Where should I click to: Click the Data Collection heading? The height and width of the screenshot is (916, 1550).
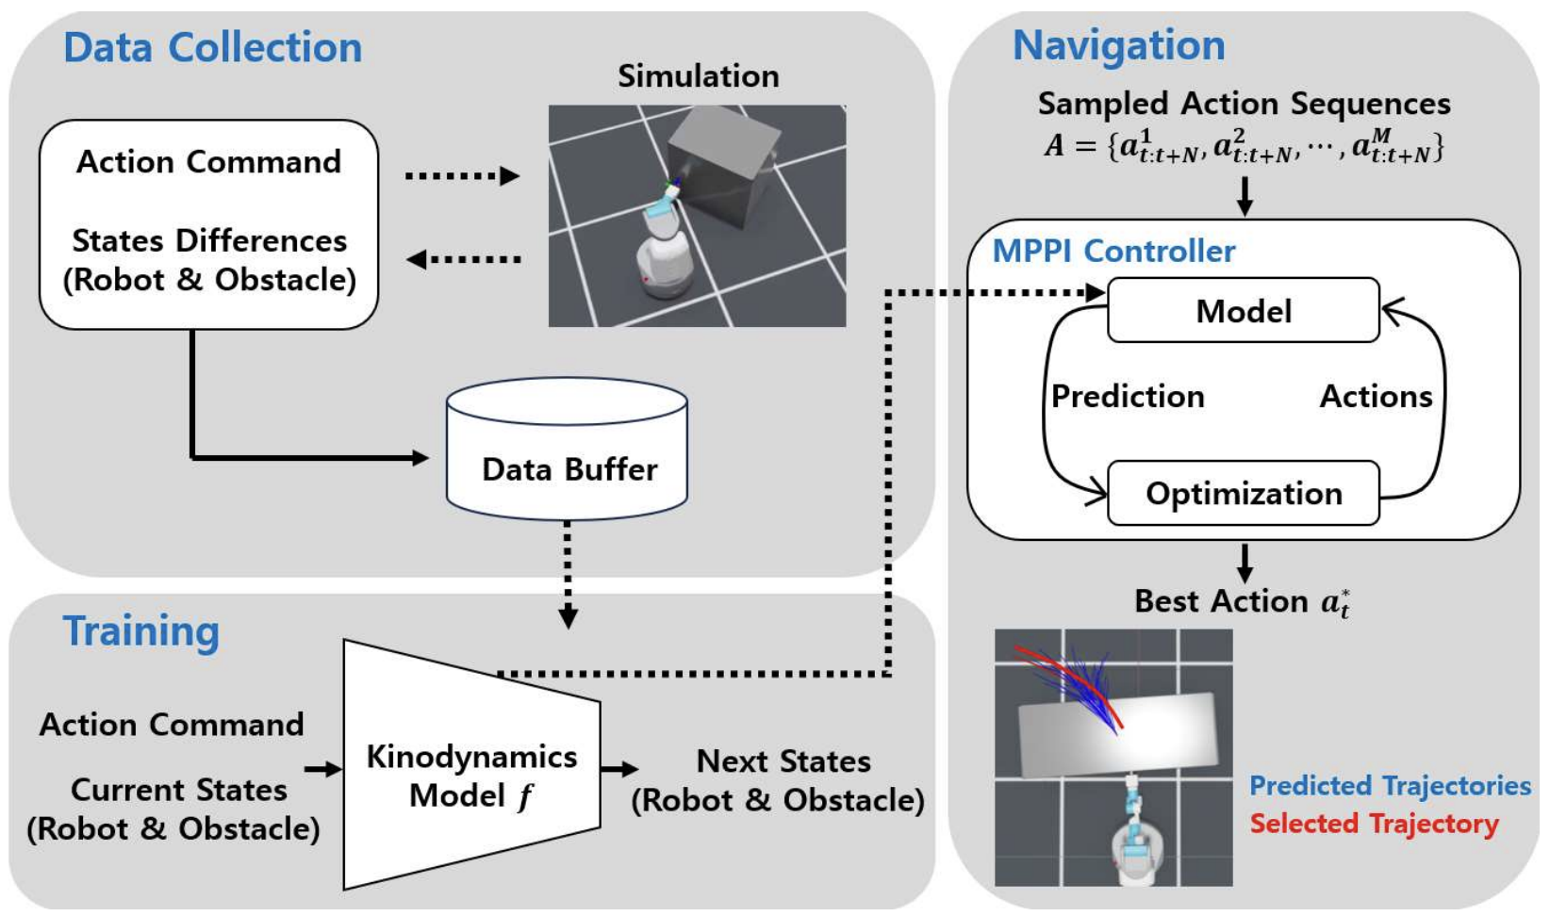tap(212, 47)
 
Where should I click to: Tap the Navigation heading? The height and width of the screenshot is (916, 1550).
tap(1118, 45)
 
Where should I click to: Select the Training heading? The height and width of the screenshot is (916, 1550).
tap(141, 630)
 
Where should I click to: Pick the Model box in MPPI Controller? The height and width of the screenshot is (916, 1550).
tap(1243, 311)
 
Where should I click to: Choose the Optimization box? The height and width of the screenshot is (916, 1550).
tap(1243, 494)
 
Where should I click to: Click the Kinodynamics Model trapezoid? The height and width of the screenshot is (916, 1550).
tap(471, 775)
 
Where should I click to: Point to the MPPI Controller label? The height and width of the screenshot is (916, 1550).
tap(1113, 251)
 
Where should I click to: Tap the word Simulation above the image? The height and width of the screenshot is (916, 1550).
tap(698, 76)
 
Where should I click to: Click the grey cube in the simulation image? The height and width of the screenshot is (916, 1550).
tap(723, 165)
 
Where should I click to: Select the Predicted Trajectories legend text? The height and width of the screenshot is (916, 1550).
tap(1390, 785)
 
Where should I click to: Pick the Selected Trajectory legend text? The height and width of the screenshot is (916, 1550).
tap(1374, 824)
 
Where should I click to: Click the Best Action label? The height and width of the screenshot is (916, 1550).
tap(1241, 601)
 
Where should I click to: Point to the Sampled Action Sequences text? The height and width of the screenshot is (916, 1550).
tap(1244, 104)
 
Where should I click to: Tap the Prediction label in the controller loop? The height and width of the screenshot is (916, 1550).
tap(1128, 397)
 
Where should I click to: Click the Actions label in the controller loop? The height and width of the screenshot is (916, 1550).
tap(1376, 397)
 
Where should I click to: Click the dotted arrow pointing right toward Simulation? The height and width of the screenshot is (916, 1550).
tap(462, 176)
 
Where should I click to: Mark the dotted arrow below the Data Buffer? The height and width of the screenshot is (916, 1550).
tap(568, 573)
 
